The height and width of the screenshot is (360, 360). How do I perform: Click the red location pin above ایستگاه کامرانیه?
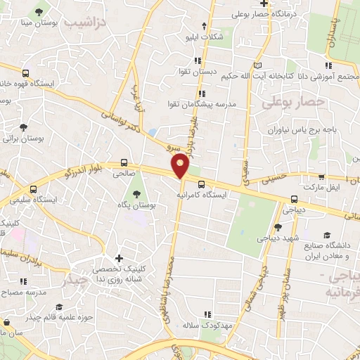coord(181,166)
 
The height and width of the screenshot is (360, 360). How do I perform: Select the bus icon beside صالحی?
coord(124,161)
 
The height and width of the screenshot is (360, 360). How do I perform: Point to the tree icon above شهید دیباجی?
coord(278,227)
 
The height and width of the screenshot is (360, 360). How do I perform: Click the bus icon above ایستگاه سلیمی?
coord(33,189)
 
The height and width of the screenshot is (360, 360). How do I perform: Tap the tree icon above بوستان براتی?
coord(24,128)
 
